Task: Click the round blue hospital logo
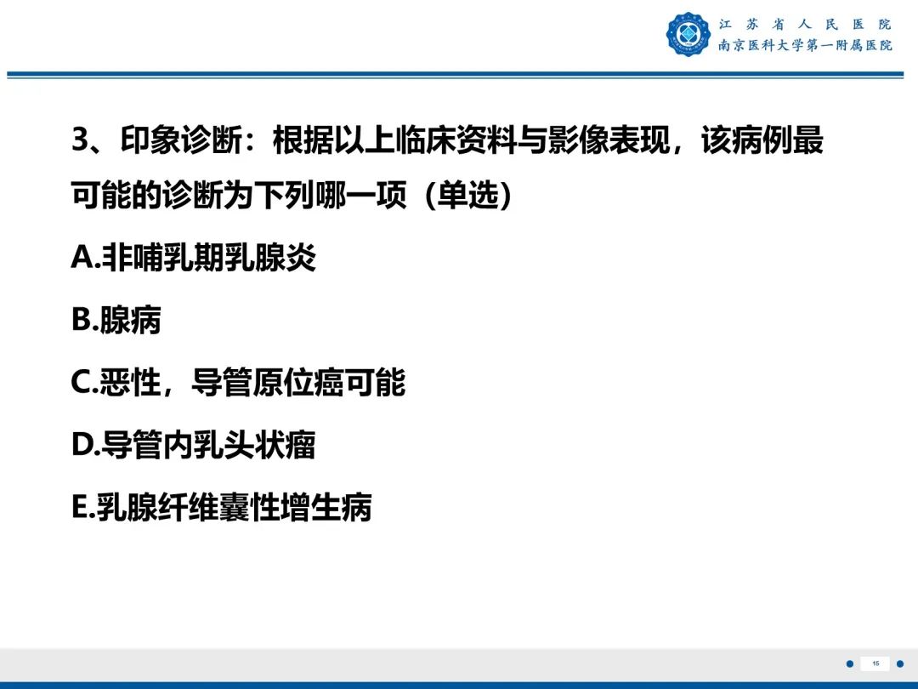(688, 35)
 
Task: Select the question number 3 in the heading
(80, 141)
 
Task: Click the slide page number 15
(875, 663)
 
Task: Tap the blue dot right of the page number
(900, 663)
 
